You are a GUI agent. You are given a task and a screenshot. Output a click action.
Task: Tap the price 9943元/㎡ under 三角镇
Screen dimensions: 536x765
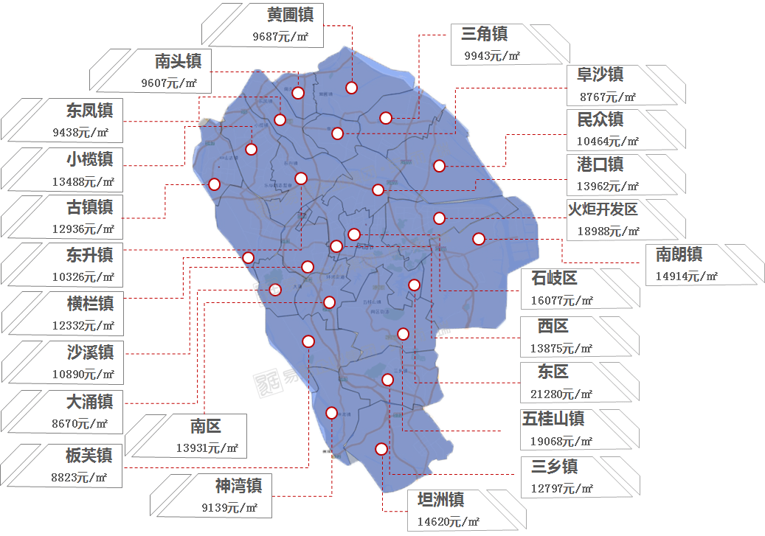click(x=492, y=55)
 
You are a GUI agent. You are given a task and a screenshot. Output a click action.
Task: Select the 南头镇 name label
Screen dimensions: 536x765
click(x=178, y=60)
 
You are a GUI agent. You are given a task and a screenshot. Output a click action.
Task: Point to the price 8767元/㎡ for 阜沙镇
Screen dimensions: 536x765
click(x=608, y=97)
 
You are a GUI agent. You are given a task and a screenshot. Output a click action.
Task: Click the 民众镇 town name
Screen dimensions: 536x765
click(x=600, y=119)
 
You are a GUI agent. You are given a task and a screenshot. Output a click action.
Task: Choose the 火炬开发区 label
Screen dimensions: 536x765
click(x=602, y=209)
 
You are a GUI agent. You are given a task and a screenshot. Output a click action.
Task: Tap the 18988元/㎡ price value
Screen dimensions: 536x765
click(x=603, y=232)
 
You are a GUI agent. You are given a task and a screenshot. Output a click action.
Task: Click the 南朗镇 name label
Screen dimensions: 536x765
click(x=679, y=255)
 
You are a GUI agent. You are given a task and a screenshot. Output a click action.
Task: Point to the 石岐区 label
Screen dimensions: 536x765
click(x=554, y=278)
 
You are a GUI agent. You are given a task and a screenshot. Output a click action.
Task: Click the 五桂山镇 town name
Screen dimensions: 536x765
click(x=553, y=419)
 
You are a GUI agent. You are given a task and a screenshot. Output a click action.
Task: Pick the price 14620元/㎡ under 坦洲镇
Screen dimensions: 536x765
click(x=449, y=521)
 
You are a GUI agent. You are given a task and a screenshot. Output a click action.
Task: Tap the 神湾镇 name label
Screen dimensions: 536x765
click(x=238, y=484)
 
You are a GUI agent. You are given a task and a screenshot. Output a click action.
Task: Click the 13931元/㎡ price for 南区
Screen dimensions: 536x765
click(x=207, y=448)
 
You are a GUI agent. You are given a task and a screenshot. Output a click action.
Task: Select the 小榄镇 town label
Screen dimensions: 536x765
click(x=89, y=159)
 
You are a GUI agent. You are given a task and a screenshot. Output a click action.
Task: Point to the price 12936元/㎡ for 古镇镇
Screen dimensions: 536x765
click(x=83, y=229)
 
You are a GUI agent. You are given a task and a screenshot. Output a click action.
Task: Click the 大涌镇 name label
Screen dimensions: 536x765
click(x=89, y=401)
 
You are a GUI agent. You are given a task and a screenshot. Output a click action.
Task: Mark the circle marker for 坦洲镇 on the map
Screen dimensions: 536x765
click(x=381, y=448)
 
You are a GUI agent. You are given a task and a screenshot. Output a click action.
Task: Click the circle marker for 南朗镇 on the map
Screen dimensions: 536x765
click(x=479, y=238)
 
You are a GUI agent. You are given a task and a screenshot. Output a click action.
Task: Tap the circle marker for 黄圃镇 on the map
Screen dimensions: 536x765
click(x=351, y=88)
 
